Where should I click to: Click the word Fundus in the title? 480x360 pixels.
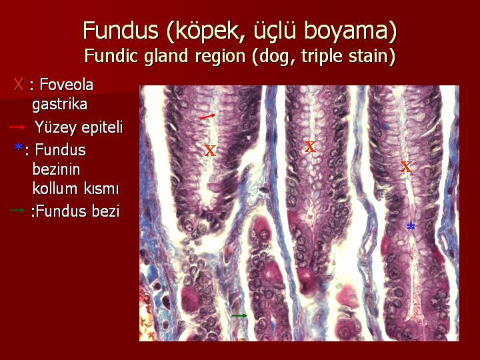(121, 30)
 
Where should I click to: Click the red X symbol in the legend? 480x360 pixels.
(19, 84)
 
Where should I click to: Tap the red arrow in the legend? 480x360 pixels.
(17, 127)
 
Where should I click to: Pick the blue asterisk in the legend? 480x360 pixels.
(19, 147)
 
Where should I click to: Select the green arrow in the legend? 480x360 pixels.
(17, 210)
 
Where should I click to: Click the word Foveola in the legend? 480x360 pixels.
(67, 84)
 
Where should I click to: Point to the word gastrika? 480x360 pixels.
(60, 105)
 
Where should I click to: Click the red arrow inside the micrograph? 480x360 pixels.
(207, 116)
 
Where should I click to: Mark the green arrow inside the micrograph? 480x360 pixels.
(239, 315)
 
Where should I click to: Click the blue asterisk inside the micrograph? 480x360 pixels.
(411, 226)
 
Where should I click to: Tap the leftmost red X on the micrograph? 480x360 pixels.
(210, 150)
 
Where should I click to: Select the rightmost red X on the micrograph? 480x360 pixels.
(406, 167)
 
